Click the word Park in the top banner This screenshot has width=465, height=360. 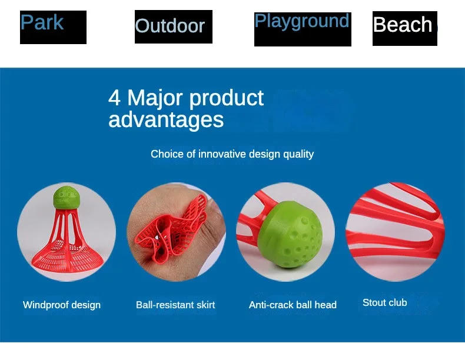[x=42, y=23]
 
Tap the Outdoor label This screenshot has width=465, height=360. [x=170, y=26]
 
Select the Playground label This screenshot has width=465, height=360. [x=301, y=21]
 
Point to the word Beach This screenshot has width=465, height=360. [x=403, y=25]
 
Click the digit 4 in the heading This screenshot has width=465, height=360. [x=114, y=98]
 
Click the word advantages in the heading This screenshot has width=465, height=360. [x=166, y=120]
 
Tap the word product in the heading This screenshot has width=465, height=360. [x=228, y=98]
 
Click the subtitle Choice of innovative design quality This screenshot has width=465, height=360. [x=232, y=154]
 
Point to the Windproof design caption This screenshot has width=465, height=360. [x=62, y=305]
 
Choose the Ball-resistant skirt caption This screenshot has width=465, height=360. [x=175, y=305]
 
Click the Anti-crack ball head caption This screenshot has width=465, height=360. [x=293, y=305]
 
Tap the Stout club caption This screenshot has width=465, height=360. [x=384, y=302]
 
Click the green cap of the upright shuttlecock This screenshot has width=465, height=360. [x=67, y=198]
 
